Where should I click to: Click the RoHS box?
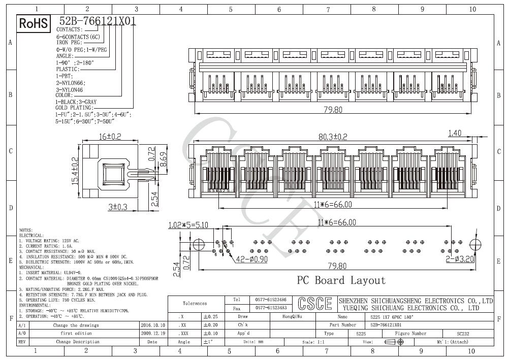tap(34, 23)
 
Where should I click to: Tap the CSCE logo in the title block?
tap(314, 304)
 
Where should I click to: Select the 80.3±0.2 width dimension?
tap(332, 137)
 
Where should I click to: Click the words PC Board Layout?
tap(341, 280)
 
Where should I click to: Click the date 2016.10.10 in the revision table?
tap(152, 325)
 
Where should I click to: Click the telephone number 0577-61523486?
tap(270, 300)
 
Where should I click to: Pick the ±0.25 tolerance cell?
tap(210, 316)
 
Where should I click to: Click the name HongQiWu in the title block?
tap(292, 316)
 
